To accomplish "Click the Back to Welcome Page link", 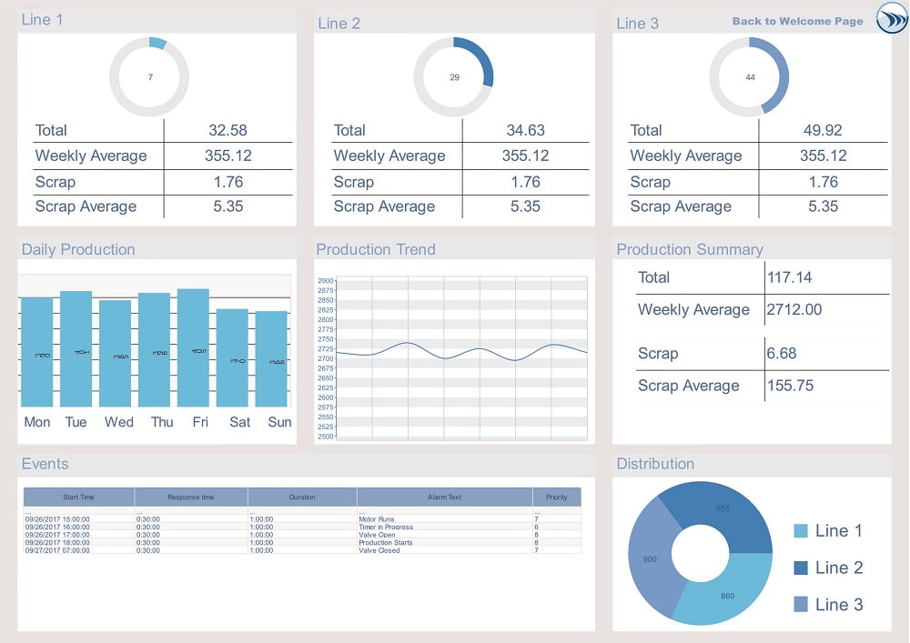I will click(x=797, y=22).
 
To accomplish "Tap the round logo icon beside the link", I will click(x=892, y=19).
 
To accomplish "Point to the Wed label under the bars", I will click(x=118, y=422).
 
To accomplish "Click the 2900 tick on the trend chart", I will click(x=326, y=281).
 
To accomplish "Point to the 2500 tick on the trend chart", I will click(x=326, y=437).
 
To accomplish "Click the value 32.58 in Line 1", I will click(x=227, y=130).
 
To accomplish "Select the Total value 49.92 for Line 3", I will click(x=823, y=130).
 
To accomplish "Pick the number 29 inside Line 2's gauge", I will click(x=454, y=77).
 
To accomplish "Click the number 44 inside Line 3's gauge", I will click(x=750, y=77).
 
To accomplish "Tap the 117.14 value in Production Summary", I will click(x=789, y=277).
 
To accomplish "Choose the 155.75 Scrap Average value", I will click(x=791, y=386).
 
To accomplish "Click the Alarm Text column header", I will click(x=444, y=497).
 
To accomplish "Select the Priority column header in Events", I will click(x=556, y=497).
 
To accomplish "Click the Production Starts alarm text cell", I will click(x=386, y=543).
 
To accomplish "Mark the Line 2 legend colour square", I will click(x=801, y=568).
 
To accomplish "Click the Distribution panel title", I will click(x=655, y=464).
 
